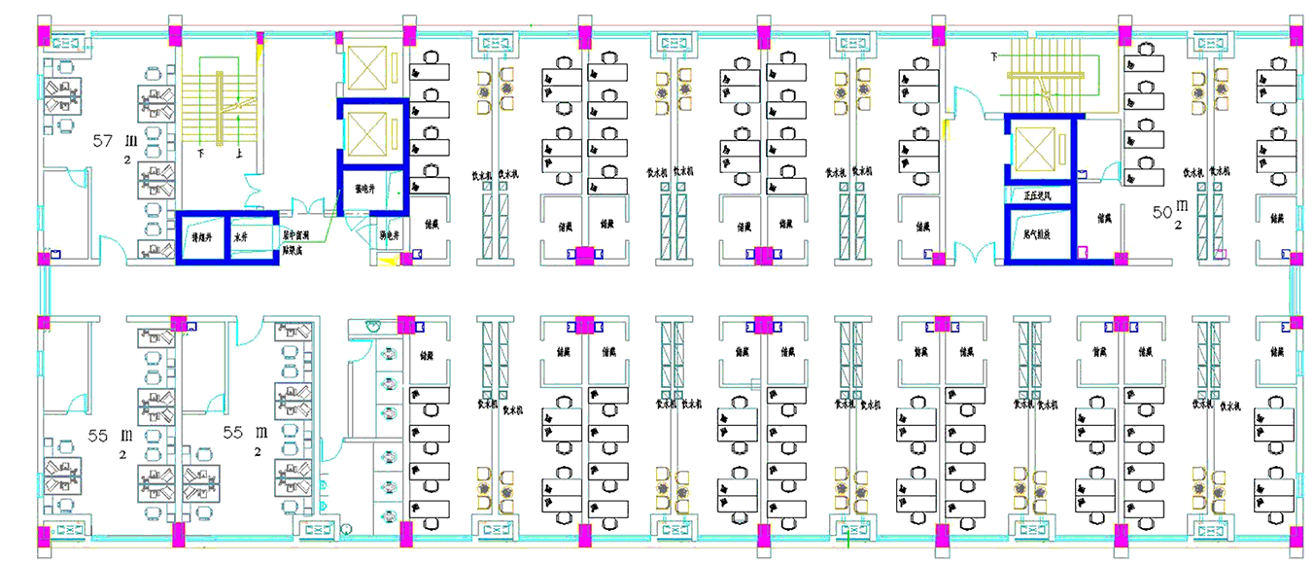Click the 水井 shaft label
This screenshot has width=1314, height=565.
pos(241,236)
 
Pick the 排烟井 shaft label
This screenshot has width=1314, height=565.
pos(201,236)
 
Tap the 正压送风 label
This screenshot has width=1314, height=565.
pos(1038,195)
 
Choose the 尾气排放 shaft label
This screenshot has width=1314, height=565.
pos(1038,234)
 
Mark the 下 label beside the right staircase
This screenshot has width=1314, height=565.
pos(993,57)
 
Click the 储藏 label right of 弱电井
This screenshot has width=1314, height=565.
pos(431,223)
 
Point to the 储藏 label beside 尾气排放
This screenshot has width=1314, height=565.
pos(1103,219)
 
